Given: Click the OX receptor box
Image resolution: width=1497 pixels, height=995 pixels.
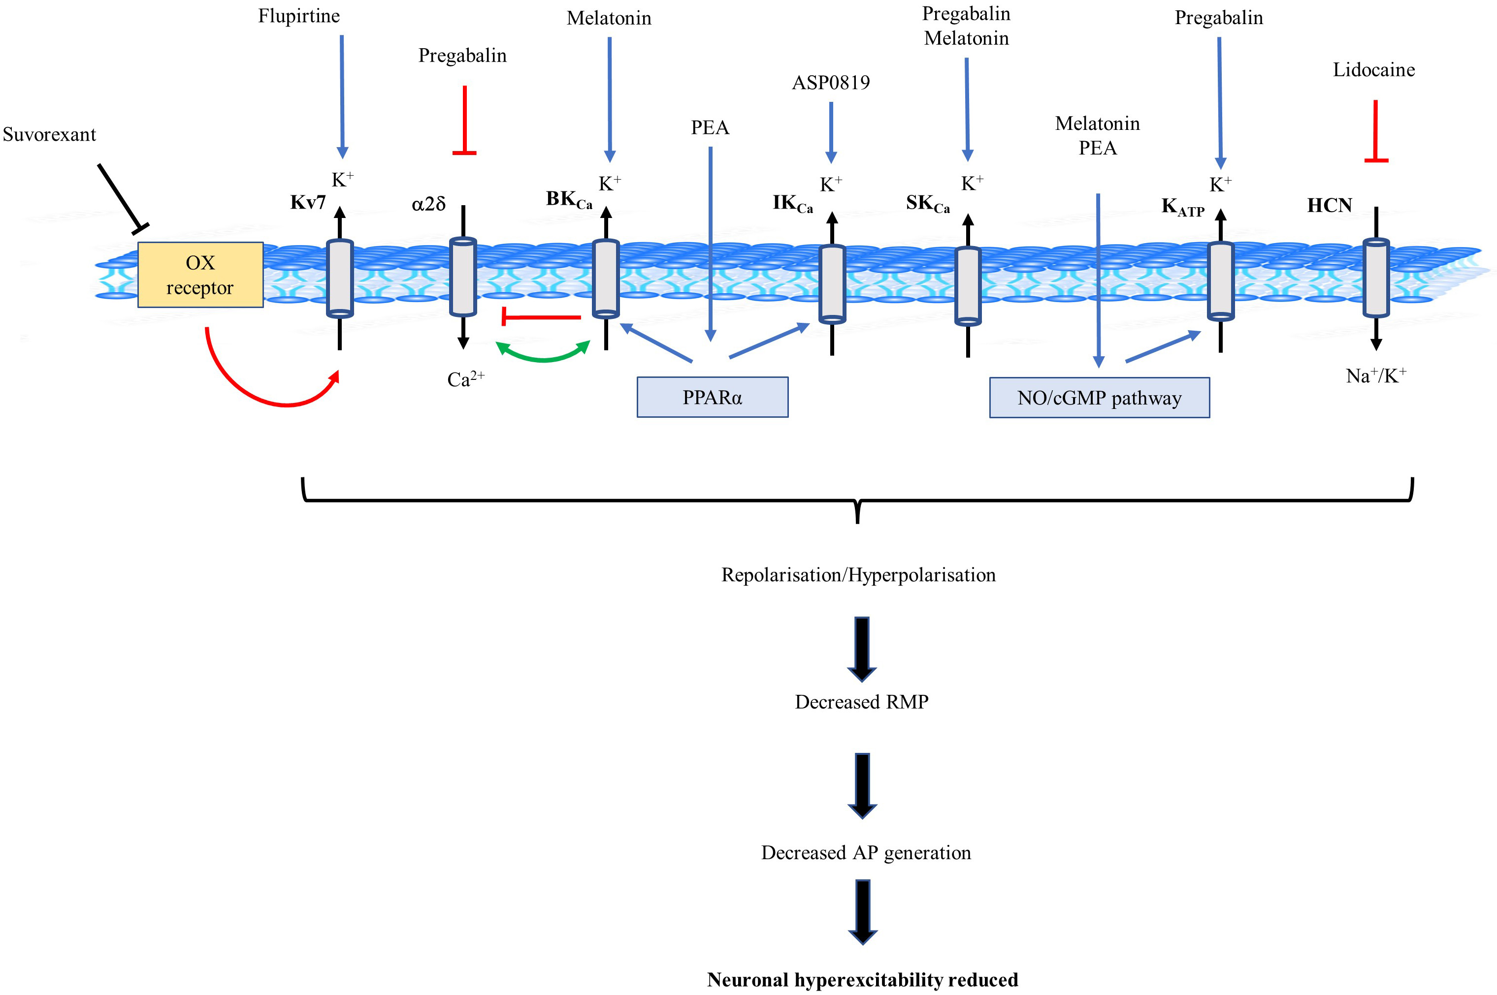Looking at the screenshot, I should (x=200, y=275).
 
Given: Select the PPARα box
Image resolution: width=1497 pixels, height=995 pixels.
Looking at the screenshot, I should (x=713, y=397).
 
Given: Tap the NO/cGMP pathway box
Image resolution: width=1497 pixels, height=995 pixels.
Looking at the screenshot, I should (x=1099, y=398).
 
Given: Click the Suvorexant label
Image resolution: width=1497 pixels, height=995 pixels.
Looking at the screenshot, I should (x=50, y=134).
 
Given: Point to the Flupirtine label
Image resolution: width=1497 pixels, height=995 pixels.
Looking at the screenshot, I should (x=298, y=16).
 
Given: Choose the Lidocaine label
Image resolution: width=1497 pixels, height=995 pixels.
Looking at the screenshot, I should (x=1373, y=70).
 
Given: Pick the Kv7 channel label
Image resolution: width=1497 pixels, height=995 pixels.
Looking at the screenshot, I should (x=308, y=202).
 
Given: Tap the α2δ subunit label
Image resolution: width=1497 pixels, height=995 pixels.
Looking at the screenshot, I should (x=428, y=204).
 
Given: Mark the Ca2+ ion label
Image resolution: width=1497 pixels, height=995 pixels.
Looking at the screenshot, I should (x=465, y=379).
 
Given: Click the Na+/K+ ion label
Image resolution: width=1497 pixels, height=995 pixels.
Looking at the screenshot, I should (x=1375, y=375).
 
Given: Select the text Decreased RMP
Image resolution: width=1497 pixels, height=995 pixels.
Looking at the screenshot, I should (x=861, y=702).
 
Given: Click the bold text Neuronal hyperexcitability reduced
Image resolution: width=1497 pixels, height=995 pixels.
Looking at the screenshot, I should (x=862, y=980).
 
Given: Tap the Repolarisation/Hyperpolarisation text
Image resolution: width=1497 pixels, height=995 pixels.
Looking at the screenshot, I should (x=858, y=575).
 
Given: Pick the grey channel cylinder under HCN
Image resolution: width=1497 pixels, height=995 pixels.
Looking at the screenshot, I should (x=1376, y=278).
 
